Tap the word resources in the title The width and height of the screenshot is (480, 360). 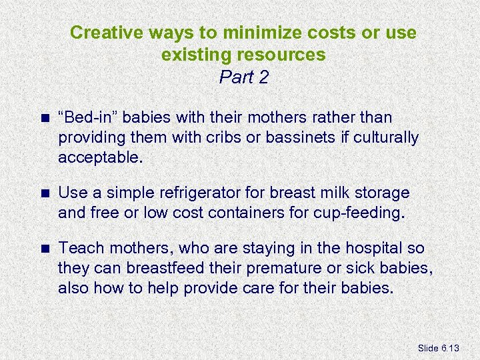(283, 55)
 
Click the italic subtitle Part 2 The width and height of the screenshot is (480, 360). (243, 77)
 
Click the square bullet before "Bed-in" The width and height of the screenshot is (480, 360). (45, 118)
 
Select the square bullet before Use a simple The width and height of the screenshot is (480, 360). (45, 193)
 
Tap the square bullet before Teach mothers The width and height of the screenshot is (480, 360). (45, 249)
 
